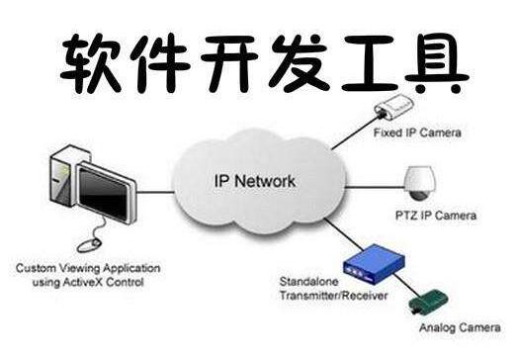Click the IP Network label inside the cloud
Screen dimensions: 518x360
pyautogui.click(x=255, y=181)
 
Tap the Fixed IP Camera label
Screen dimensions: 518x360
pyautogui.click(x=417, y=133)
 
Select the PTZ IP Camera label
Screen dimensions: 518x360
pyautogui.click(x=436, y=216)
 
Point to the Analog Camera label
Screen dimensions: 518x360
pyautogui.click(x=460, y=327)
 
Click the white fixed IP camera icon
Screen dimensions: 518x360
pyautogui.click(x=393, y=107)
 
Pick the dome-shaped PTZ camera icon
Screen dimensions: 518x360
pyautogui.click(x=420, y=184)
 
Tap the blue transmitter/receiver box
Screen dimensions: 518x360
pyautogui.click(x=375, y=263)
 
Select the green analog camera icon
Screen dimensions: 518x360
pyautogui.click(x=429, y=302)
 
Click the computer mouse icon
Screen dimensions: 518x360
pyautogui.click(x=88, y=245)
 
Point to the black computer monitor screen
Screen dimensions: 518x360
pyautogui.click(x=104, y=194)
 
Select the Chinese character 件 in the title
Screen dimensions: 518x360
pyautogui.click(x=161, y=63)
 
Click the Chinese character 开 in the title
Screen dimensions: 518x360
pyautogui.click(x=229, y=63)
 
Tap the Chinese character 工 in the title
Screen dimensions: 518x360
pyautogui.click(x=369, y=63)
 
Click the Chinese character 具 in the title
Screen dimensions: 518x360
pyautogui.click(x=436, y=63)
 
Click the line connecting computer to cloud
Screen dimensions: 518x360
pyautogui.click(x=155, y=192)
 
